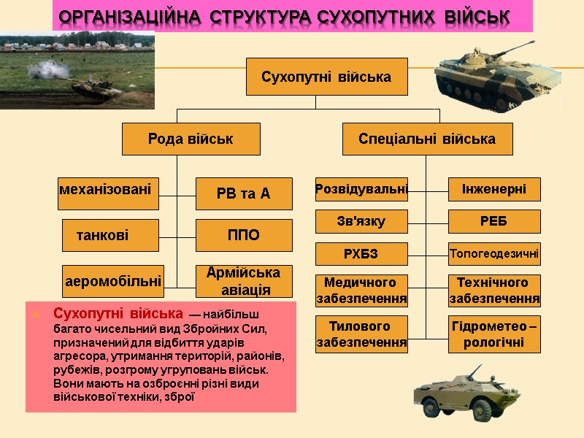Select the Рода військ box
point(191,139)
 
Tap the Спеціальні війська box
point(427,139)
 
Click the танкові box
point(110,235)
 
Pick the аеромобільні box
point(113,281)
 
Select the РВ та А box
point(244,193)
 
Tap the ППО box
point(244,235)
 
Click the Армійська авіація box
point(244,281)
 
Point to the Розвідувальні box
point(361,190)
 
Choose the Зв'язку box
point(361,221)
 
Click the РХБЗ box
point(361,253)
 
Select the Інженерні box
point(494,190)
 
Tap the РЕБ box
point(494,221)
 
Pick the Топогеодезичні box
point(494,254)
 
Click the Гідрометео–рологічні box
point(494,334)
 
